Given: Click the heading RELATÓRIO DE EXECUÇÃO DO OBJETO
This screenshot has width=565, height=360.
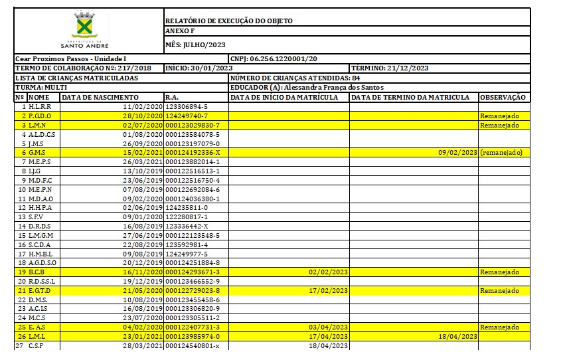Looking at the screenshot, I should click(x=228, y=21).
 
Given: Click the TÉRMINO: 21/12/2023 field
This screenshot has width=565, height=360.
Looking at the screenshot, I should click(x=390, y=68).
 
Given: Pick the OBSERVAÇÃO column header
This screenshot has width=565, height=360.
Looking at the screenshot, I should click(x=503, y=97).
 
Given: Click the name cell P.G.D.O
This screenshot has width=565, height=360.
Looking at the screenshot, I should click(x=40, y=116).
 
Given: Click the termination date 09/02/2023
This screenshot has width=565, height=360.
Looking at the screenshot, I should click(x=457, y=153).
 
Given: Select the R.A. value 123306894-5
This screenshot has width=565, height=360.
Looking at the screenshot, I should click(x=187, y=106).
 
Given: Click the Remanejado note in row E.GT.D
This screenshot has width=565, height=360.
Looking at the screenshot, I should click(x=499, y=291).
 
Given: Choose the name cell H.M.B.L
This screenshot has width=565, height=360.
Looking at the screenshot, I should click(x=40, y=254).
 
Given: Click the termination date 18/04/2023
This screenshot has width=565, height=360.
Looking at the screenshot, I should click(x=457, y=337).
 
